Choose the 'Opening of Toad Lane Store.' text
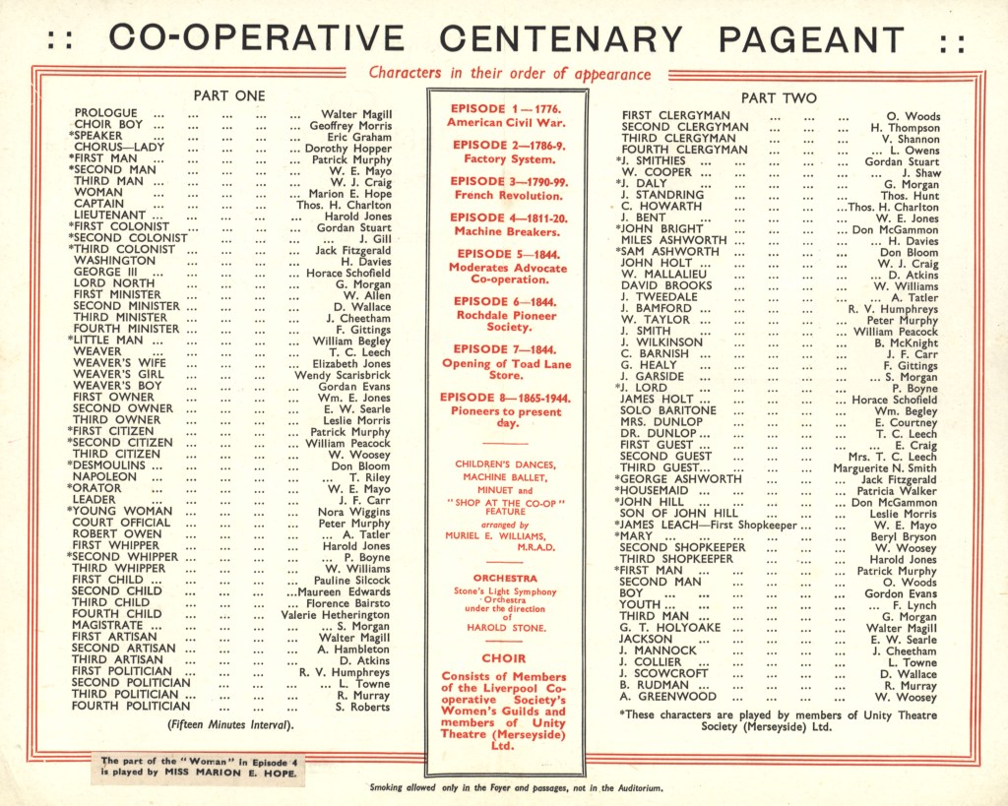pos(506,366)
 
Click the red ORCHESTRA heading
pos(505,578)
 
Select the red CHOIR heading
pos(506,659)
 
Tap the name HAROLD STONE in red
pos(506,629)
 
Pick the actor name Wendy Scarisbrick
pos(343,375)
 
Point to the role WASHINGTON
pos(108,261)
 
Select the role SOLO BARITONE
pos(669,410)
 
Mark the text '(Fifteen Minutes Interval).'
pos(230,725)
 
